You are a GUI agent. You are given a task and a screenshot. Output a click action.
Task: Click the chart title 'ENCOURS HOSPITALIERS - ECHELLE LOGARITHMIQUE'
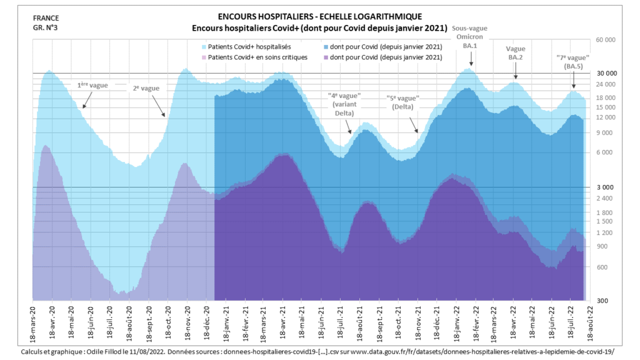point(319,16)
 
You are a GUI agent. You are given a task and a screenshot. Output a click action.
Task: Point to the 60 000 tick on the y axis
point(606,40)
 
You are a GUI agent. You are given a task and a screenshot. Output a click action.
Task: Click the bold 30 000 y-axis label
point(606,73)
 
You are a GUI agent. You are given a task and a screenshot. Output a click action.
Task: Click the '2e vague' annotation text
point(146,88)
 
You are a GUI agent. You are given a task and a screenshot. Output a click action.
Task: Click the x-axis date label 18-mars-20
point(33,322)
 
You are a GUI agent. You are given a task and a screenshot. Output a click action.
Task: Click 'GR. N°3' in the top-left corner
point(44,27)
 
